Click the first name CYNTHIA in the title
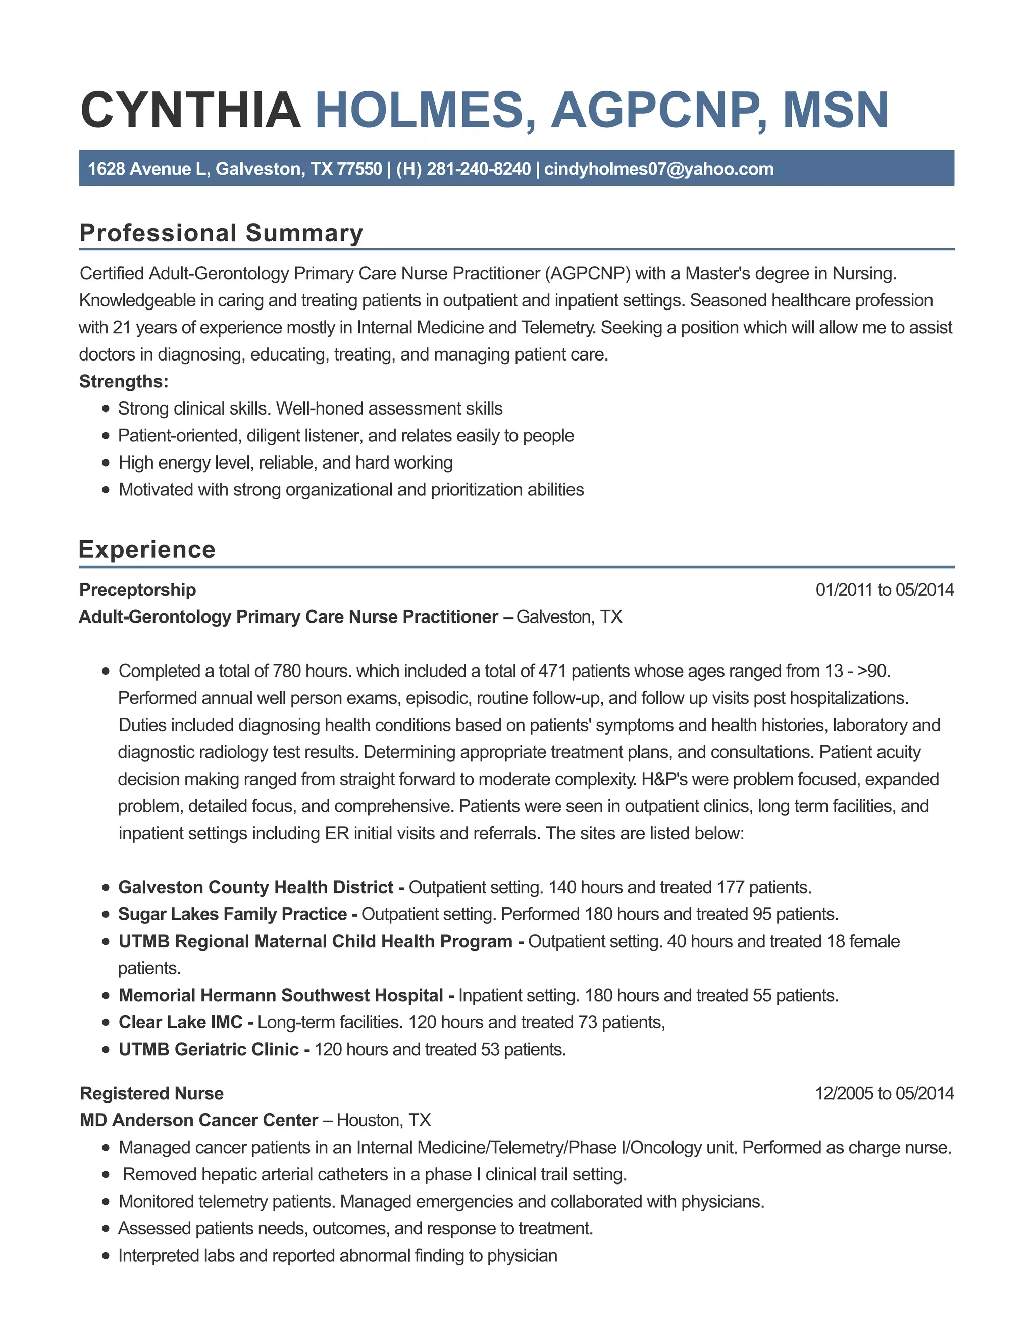pyautogui.click(x=190, y=110)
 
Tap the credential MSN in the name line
pyautogui.click(x=835, y=110)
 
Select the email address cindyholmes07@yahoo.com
pyautogui.click(x=658, y=169)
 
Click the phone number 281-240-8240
pyautogui.click(x=479, y=169)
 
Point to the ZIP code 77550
pyautogui.click(x=359, y=169)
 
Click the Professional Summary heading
pyautogui.click(x=221, y=233)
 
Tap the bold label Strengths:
pyautogui.click(x=124, y=381)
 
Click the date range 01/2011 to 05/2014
pyautogui.click(x=884, y=589)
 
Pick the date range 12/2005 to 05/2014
pyautogui.click(x=884, y=1093)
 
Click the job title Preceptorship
pyautogui.click(x=138, y=589)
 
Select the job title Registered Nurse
pyautogui.click(x=151, y=1093)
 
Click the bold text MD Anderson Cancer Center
pyautogui.click(x=199, y=1120)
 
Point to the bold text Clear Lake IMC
pyautogui.click(x=181, y=1022)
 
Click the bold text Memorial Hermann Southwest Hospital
pyautogui.click(x=281, y=995)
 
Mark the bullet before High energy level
pyautogui.click(x=106, y=462)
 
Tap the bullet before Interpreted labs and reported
pyautogui.click(x=106, y=1255)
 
